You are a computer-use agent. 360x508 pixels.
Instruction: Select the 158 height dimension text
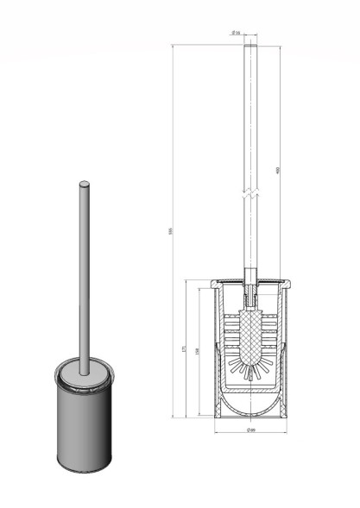pos(201,352)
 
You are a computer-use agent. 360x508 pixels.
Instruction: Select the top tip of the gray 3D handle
pos(84,184)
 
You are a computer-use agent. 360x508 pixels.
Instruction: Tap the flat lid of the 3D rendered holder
pos(84,373)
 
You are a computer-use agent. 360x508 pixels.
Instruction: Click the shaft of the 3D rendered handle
pos(84,276)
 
